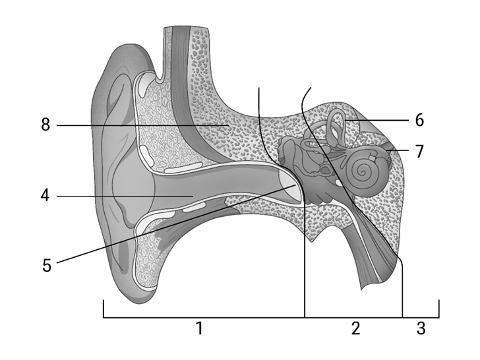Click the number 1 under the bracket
click(199, 328)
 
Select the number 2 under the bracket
click(355, 328)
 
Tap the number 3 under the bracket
click(421, 328)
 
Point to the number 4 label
click(45, 195)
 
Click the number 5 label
click(47, 265)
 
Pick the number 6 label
click(420, 120)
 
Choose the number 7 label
click(419, 151)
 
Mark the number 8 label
click(45, 125)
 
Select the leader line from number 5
click(176, 224)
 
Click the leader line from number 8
click(142, 125)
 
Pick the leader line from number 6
click(376, 120)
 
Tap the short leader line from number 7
click(398, 150)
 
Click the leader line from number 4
click(125, 196)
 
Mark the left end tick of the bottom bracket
click(104, 309)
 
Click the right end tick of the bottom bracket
click(439, 309)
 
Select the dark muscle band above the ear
click(184, 92)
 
